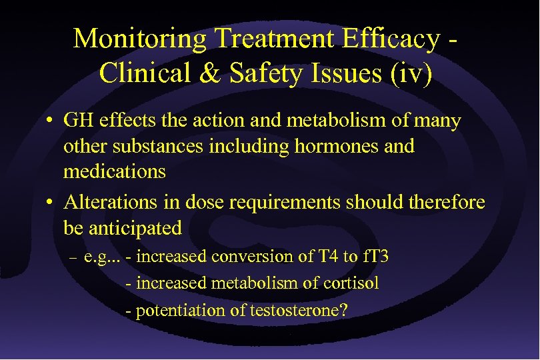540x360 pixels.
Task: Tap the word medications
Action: coord(114,171)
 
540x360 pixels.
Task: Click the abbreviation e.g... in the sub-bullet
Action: coord(103,257)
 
